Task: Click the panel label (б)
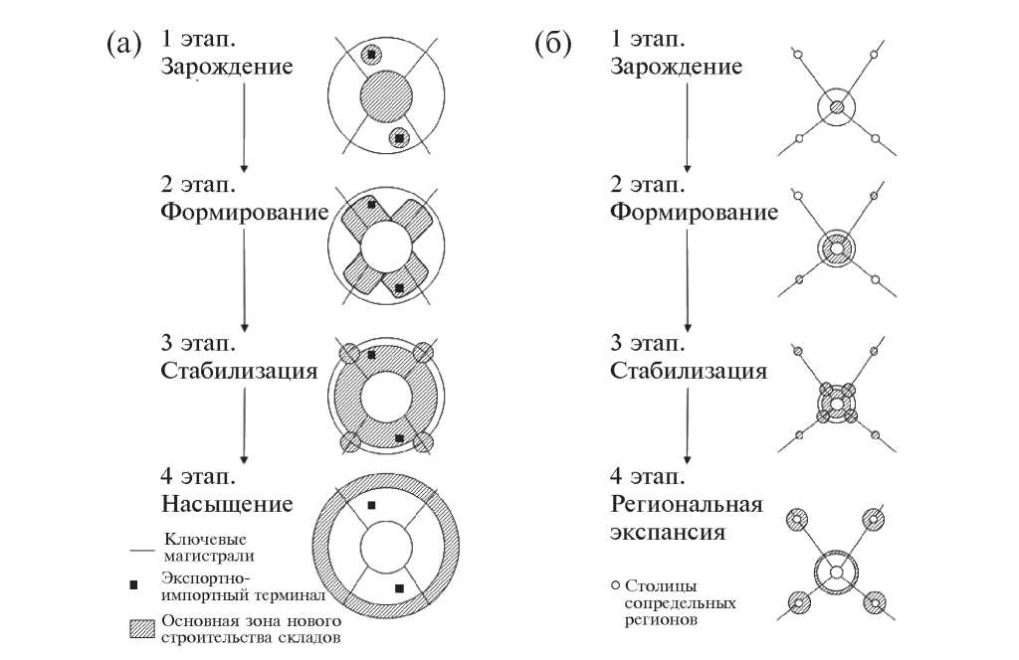pyautogui.click(x=552, y=44)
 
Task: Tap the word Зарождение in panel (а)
pyautogui.click(x=227, y=68)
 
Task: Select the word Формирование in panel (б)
pyautogui.click(x=694, y=213)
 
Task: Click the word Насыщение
pyautogui.click(x=227, y=503)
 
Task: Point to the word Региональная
pyautogui.click(x=687, y=503)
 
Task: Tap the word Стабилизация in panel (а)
pyautogui.click(x=239, y=371)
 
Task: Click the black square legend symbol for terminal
pyautogui.click(x=133, y=583)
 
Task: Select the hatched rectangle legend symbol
pyautogui.click(x=139, y=629)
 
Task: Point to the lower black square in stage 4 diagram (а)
pyautogui.click(x=399, y=588)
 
